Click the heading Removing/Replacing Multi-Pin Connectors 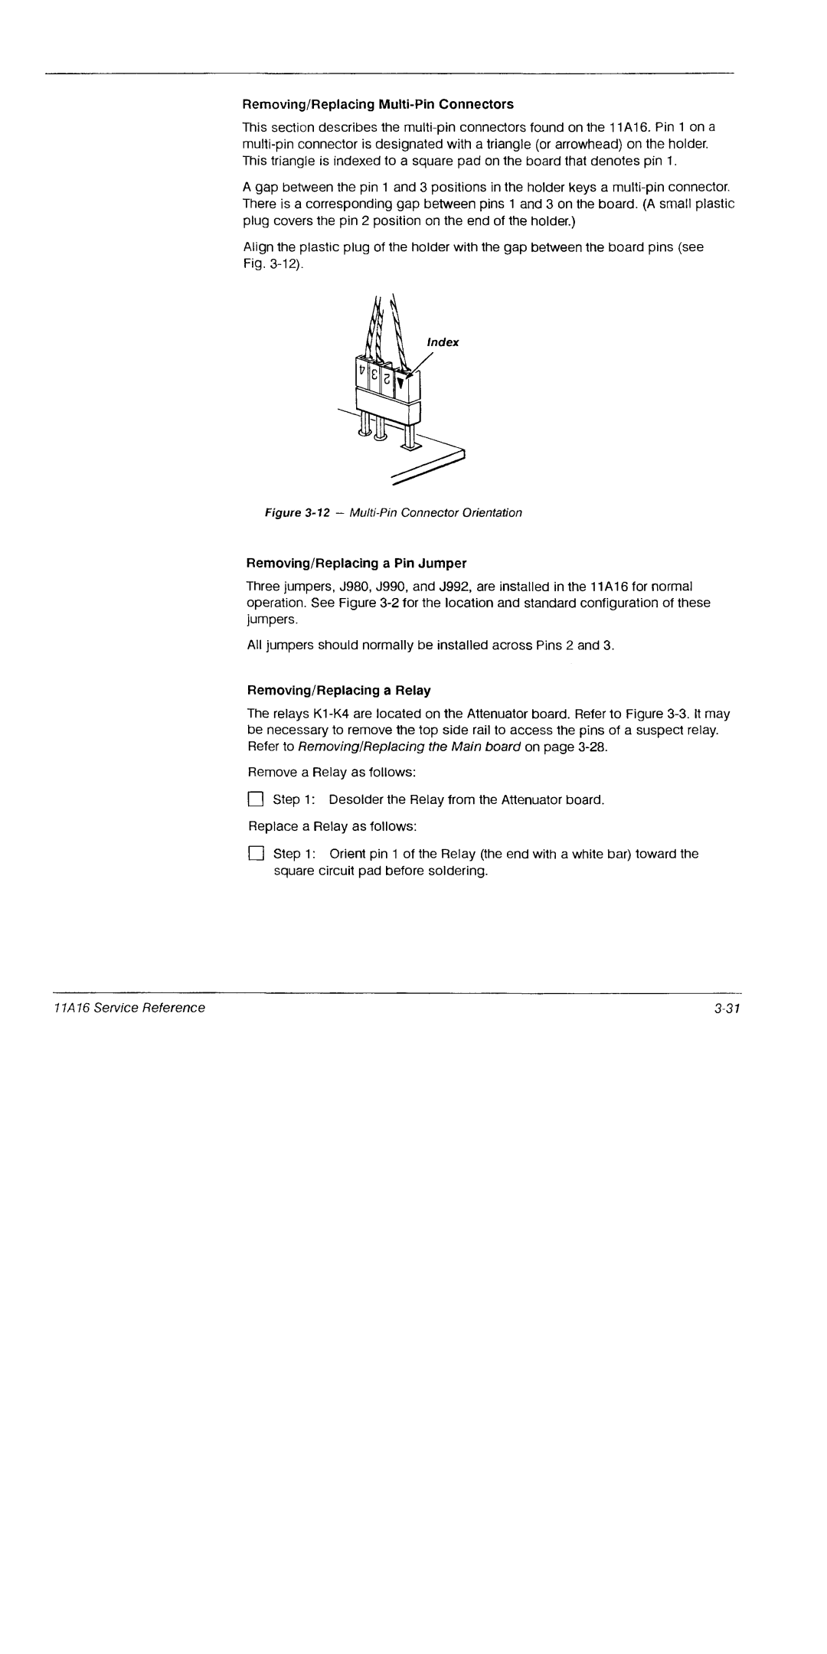coord(378,104)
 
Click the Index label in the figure coord(443,342)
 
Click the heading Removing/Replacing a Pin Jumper coord(356,564)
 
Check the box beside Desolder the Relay coord(255,800)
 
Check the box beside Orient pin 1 coord(255,855)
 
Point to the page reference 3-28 coord(591,747)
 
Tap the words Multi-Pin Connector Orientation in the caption coord(436,513)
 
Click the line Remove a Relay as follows coord(332,772)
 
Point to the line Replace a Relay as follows coord(332,827)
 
